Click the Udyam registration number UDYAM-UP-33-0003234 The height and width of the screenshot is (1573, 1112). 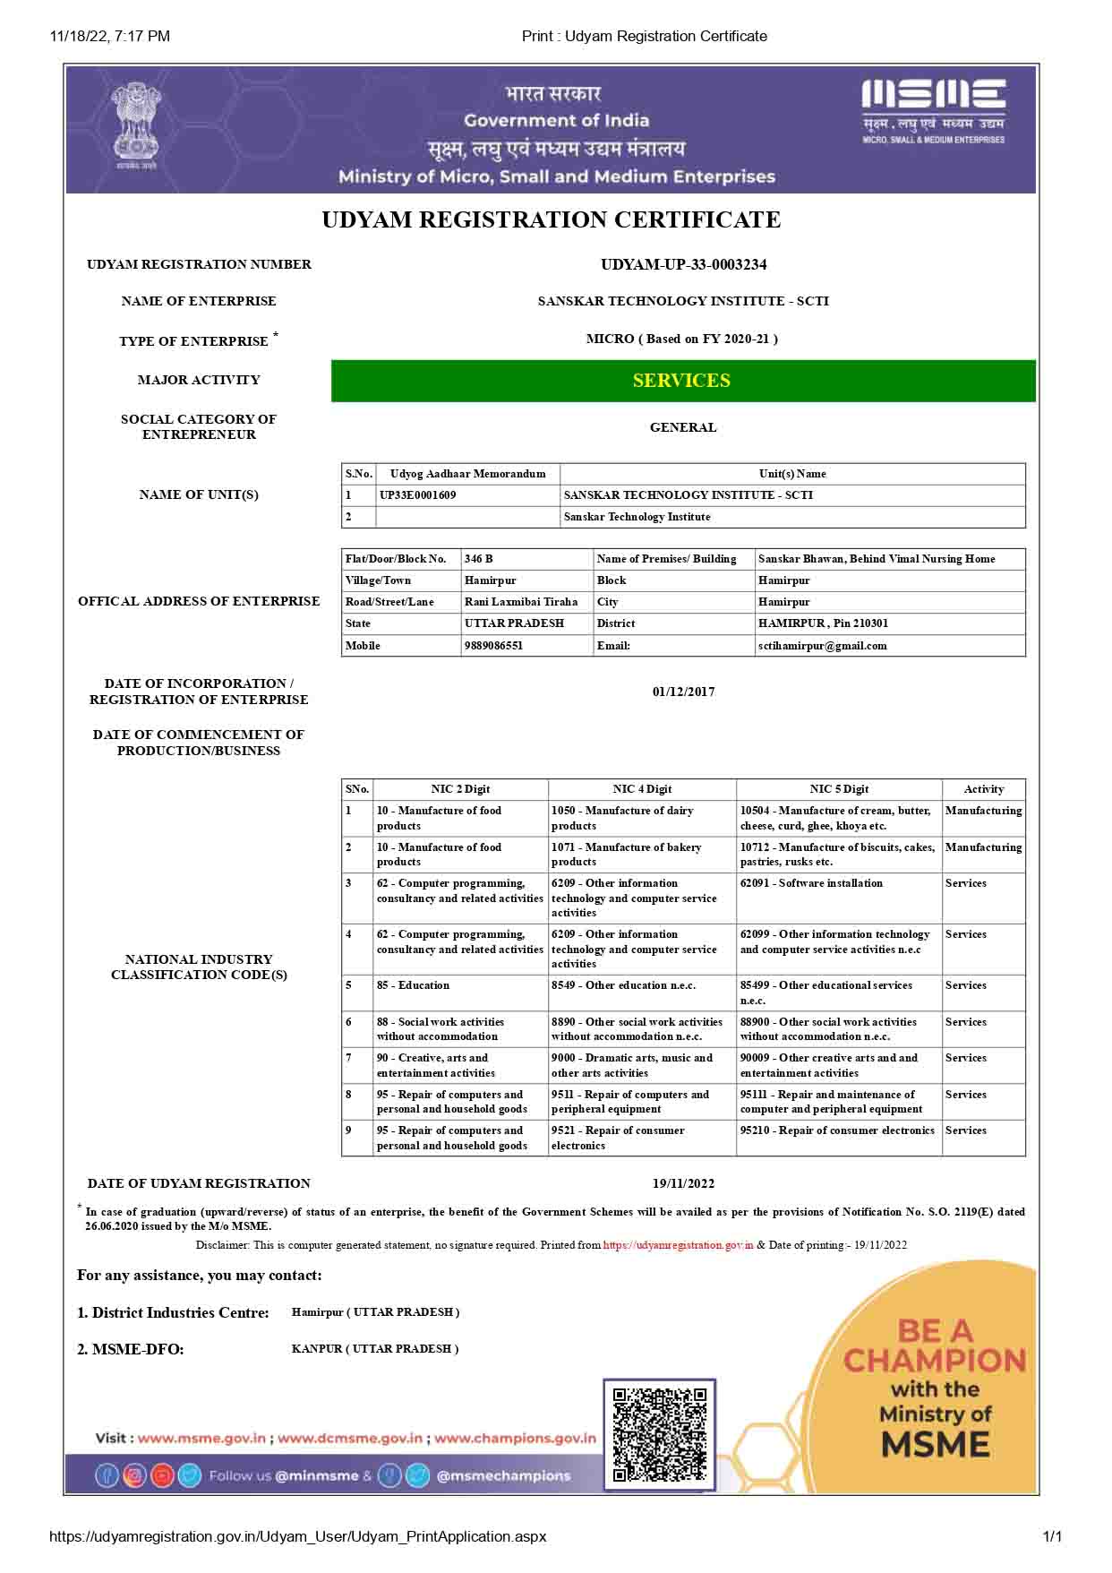(683, 264)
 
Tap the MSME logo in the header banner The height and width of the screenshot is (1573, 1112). (933, 111)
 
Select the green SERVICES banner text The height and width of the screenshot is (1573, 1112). (681, 381)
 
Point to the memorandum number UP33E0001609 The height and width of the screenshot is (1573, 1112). (417, 495)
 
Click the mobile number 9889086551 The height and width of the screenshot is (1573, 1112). (493, 646)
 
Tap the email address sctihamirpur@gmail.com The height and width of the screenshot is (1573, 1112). (822, 646)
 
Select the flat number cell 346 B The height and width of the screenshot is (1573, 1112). (479, 559)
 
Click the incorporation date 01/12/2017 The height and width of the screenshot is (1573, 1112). (683, 692)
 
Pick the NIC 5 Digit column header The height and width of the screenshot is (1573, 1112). (839, 789)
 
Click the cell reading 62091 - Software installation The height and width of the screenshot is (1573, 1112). (811, 883)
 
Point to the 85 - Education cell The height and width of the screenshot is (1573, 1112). (413, 985)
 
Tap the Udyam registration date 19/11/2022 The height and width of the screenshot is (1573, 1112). (683, 1183)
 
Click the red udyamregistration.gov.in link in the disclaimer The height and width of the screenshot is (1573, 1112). (678, 1245)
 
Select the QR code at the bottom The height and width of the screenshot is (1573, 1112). (660, 1434)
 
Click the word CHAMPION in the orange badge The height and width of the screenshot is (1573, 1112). (934, 1361)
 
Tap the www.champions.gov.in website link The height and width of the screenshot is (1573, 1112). (515, 1439)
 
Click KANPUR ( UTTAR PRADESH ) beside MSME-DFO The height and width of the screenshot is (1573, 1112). (375, 1349)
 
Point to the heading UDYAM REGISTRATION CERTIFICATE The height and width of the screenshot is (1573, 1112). (552, 220)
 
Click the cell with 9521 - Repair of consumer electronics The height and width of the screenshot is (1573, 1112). (618, 1138)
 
